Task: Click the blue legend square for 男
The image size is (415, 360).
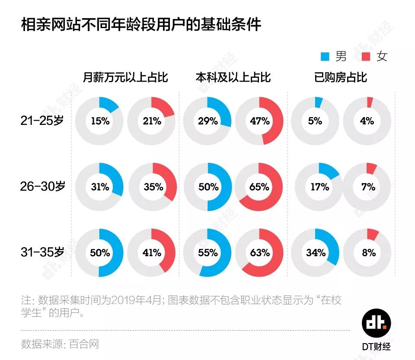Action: point(325,57)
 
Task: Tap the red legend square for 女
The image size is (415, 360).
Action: point(366,57)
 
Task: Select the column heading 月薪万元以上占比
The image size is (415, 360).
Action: point(125,77)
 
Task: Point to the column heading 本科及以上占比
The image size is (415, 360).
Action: point(233,77)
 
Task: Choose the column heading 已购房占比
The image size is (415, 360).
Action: point(341,77)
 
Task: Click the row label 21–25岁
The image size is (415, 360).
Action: point(42,121)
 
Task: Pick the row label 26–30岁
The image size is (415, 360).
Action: point(43,186)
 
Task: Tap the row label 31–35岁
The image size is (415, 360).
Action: point(42,252)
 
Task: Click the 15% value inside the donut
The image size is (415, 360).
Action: point(100,121)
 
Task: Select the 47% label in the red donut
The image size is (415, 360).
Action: point(260,121)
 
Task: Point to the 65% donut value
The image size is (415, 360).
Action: point(259,187)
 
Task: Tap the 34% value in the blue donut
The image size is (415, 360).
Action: point(316,253)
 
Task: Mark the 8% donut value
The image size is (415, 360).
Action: point(369,253)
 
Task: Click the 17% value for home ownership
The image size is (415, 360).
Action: point(320,187)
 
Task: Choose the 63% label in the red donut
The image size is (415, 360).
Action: point(260,253)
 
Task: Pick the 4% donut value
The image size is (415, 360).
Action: point(367,121)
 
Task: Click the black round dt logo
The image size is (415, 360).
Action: point(376,323)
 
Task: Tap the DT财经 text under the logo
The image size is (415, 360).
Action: point(376,347)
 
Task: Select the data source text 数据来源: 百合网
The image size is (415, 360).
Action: point(60,344)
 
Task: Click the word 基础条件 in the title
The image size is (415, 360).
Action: point(231,25)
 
